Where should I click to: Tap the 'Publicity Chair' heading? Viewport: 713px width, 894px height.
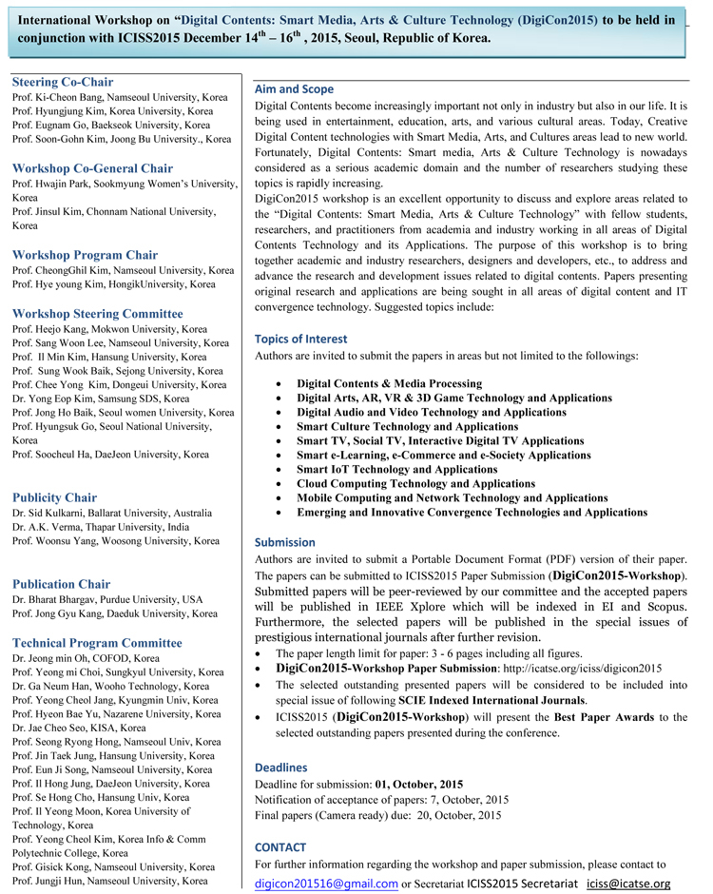(54, 497)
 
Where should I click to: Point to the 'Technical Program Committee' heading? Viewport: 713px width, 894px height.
(96, 643)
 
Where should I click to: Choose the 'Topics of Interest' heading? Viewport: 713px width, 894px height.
(301, 339)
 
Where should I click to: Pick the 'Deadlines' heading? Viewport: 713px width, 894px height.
(281, 767)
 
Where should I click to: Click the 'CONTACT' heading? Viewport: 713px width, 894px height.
(280, 846)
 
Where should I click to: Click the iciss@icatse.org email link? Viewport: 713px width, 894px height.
(628, 884)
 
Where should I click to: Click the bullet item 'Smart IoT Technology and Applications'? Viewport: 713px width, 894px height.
(396, 470)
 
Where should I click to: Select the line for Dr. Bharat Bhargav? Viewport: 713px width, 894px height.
(107, 600)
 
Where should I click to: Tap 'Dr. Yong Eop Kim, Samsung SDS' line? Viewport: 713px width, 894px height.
(101, 399)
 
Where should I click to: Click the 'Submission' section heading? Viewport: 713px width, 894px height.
(285, 542)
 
